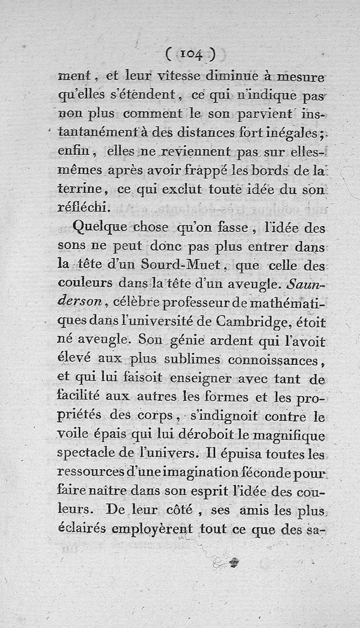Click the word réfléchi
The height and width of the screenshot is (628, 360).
(84, 207)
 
